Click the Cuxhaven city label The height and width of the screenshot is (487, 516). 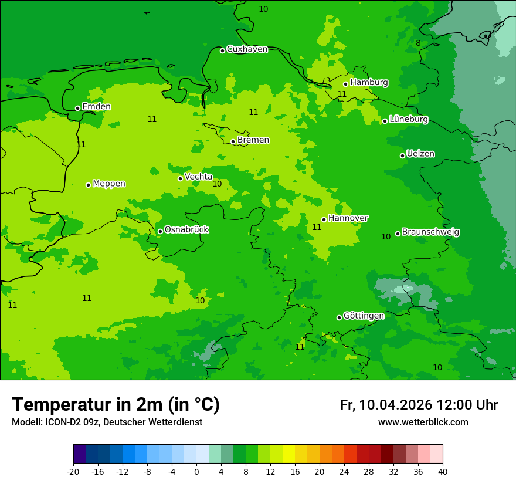pyautogui.click(x=247, y=49)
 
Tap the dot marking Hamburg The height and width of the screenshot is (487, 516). pyautogui.click(x=346, y=84)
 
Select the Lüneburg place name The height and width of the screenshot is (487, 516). pyautogui.click(x=408, y=119)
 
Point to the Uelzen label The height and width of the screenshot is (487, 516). pyautogui.click(x=420, y=154)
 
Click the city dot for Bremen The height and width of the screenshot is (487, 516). pyautogui.click(x=233, y=141)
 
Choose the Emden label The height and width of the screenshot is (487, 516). pyautogui.click(x=96, y=107)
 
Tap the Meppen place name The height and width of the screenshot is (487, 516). pyautogui.click(x=109, y=184)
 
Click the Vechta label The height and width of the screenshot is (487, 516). pyautogui.click(x=198, y=177)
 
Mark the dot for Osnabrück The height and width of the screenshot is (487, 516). pyautogui.click(x=160, y=231)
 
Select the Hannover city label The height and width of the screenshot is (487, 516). pyautogui.click(x=348, y=218)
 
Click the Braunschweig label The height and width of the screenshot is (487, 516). pyautogui.click(x=430, y=232)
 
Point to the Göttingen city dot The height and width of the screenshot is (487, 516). pyautogui.click(x=339, y=317)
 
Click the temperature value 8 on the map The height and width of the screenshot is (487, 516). pyautogui.click(x=418, y=43)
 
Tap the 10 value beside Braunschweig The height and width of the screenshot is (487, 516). pyautogui.click(x=386, y=236)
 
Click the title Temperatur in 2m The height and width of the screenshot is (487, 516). pyautogui.click(x=116, y=404)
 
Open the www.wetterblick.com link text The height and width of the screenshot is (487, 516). pyautogui.click(x=423, y=422)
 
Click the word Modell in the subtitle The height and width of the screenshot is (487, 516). pyautogui.click(x=26, y=422)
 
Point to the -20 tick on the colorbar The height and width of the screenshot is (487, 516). pyautogui.click(x=73, y=471)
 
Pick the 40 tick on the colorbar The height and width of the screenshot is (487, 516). pyautogui.click(x=443, y=471)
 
